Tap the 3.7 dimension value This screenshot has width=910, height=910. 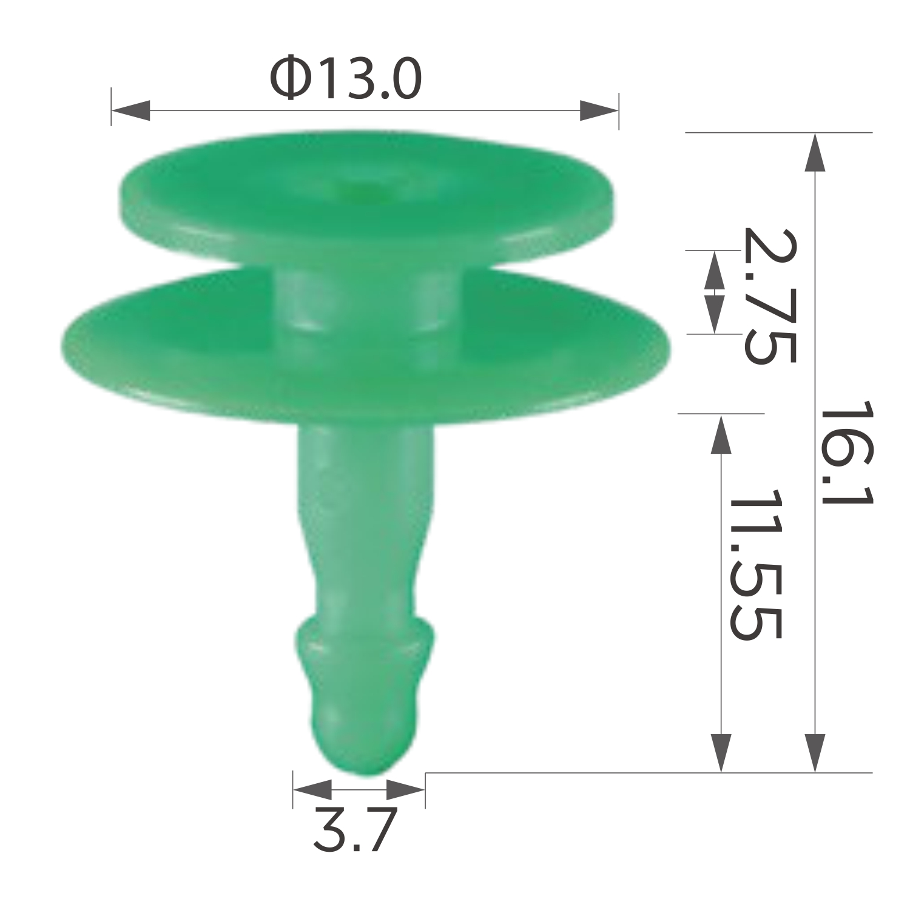click(x=355, y=830)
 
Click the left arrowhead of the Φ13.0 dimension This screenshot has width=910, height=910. click(x=130, y=110)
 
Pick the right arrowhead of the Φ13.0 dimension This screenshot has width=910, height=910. click(x=599, y=110)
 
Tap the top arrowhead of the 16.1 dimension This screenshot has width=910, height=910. click(x=815, y=152)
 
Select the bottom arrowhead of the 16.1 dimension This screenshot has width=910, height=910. click(x=815, y=753)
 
